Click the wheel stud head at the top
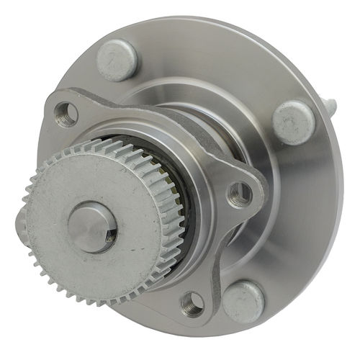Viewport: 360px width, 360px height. pos(117,59)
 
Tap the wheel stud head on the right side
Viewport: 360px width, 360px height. pos(294,122)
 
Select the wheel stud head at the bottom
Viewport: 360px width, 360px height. pos(243,302)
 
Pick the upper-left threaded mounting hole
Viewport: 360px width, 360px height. pos(66,112)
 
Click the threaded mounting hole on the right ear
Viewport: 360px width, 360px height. pos(240,193)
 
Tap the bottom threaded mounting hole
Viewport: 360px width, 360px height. pos(192,305)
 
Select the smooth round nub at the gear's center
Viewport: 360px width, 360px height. pos(91,227)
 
